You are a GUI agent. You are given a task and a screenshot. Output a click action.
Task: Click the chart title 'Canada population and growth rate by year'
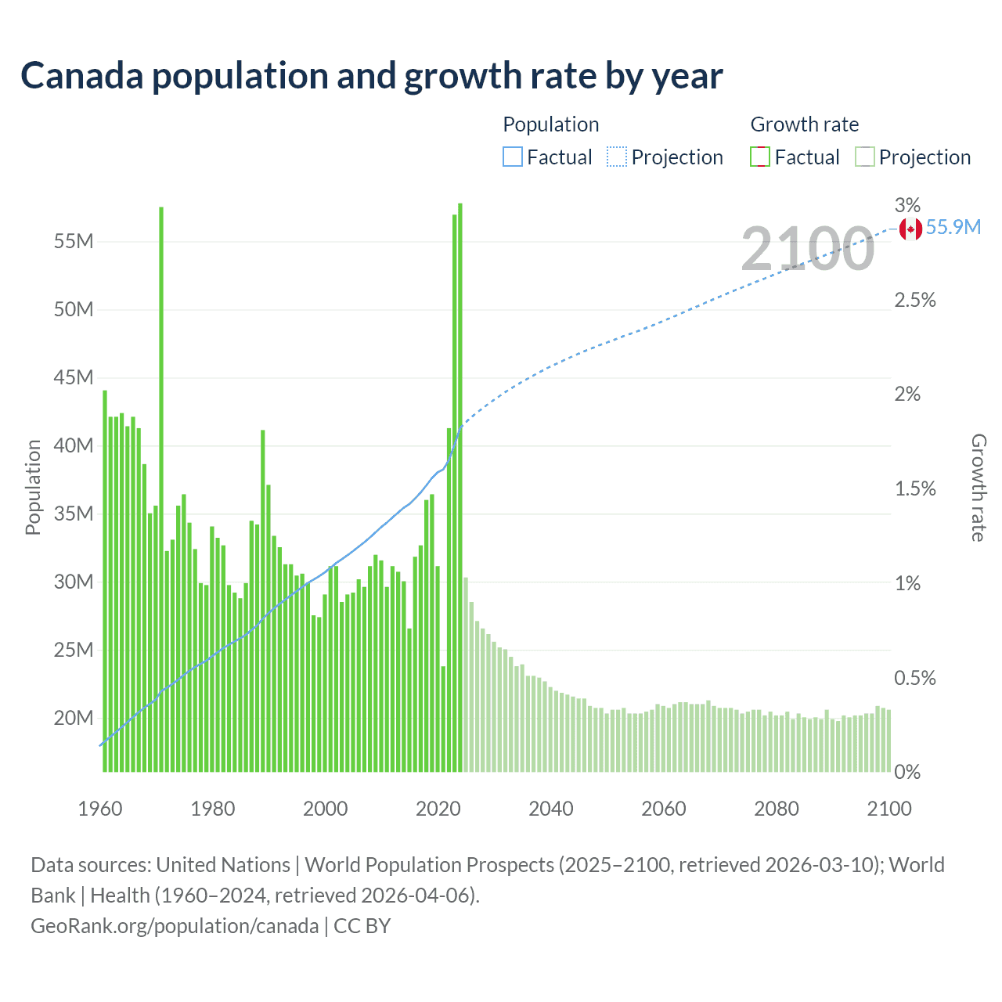[371, 76]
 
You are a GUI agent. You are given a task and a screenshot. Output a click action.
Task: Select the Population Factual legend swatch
[512, 157]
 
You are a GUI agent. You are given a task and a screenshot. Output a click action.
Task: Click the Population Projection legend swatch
[616, 157]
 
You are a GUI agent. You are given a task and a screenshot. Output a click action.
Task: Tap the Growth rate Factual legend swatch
[759, 157]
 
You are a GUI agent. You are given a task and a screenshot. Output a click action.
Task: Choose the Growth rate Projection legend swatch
[864, 157]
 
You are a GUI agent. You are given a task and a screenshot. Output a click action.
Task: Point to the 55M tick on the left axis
[74, 241]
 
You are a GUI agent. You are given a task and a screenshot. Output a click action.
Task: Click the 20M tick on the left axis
[74, 719]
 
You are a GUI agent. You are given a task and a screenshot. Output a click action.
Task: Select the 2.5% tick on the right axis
[914, 301]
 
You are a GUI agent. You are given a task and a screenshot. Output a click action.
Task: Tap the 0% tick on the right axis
[907, 773]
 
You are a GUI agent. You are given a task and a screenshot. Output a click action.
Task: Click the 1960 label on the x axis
[100, 809]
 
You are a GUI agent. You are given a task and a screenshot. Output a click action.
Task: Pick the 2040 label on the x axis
[551, 809]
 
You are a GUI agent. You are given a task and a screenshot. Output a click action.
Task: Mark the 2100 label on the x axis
[889, 809]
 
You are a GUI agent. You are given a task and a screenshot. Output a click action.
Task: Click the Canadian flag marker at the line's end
[910, 229]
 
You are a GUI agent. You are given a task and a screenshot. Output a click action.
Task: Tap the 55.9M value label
[953, 228]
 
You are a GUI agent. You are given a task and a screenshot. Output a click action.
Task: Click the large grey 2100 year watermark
[807, 249]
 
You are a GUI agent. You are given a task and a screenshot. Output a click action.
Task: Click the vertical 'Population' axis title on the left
[33, 487]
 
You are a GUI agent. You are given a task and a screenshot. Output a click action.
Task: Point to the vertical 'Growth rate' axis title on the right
[978, 487]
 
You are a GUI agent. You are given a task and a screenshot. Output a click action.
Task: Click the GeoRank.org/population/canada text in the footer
[175, 926]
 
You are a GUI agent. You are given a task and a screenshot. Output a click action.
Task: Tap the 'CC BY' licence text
[362, 926]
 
